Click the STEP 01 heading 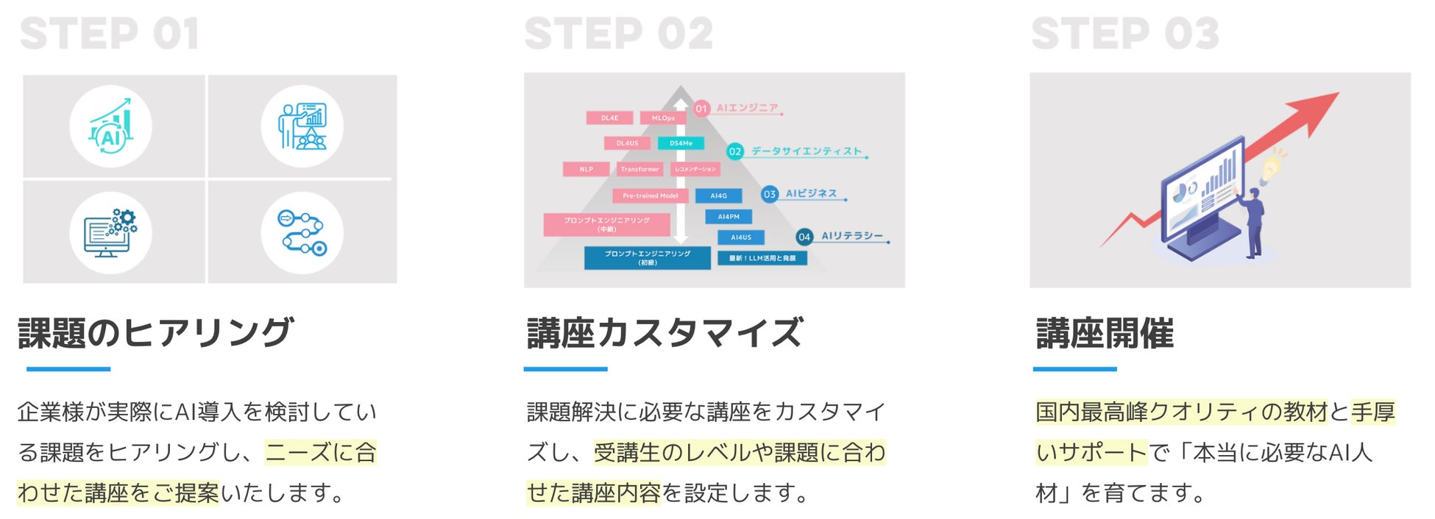click(109, 34)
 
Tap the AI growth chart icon click(110, 126)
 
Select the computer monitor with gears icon click(110, 233)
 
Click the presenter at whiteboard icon click(302, 126)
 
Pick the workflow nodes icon click(302, 233)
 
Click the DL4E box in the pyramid click(609, 118)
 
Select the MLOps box click(662, 118)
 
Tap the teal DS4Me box click(681, 143)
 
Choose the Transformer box click(639, 169)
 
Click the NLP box click(586, 169)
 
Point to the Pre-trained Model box click(650, 196)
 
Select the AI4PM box click(729, 216)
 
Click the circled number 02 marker click(734, 151)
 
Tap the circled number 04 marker click(804, 237)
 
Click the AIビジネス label click(811, 193)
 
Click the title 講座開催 click(1105, 333)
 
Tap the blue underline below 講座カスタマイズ click(565, 369)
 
